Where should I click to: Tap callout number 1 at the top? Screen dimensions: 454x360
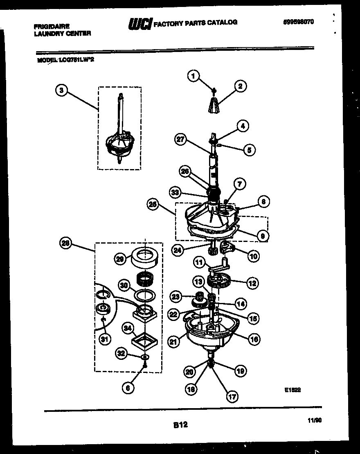pyautogui.click(x=194, y=75)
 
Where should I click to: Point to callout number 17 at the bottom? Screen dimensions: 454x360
pyautogui.click(x=232, y=396)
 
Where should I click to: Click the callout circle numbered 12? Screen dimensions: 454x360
pyautogui.click(x=252, y=282)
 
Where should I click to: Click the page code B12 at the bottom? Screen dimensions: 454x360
pyautogui.click(x=180, y=425)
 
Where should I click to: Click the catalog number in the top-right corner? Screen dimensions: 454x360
pyautogui.click(x=298, y=22)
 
